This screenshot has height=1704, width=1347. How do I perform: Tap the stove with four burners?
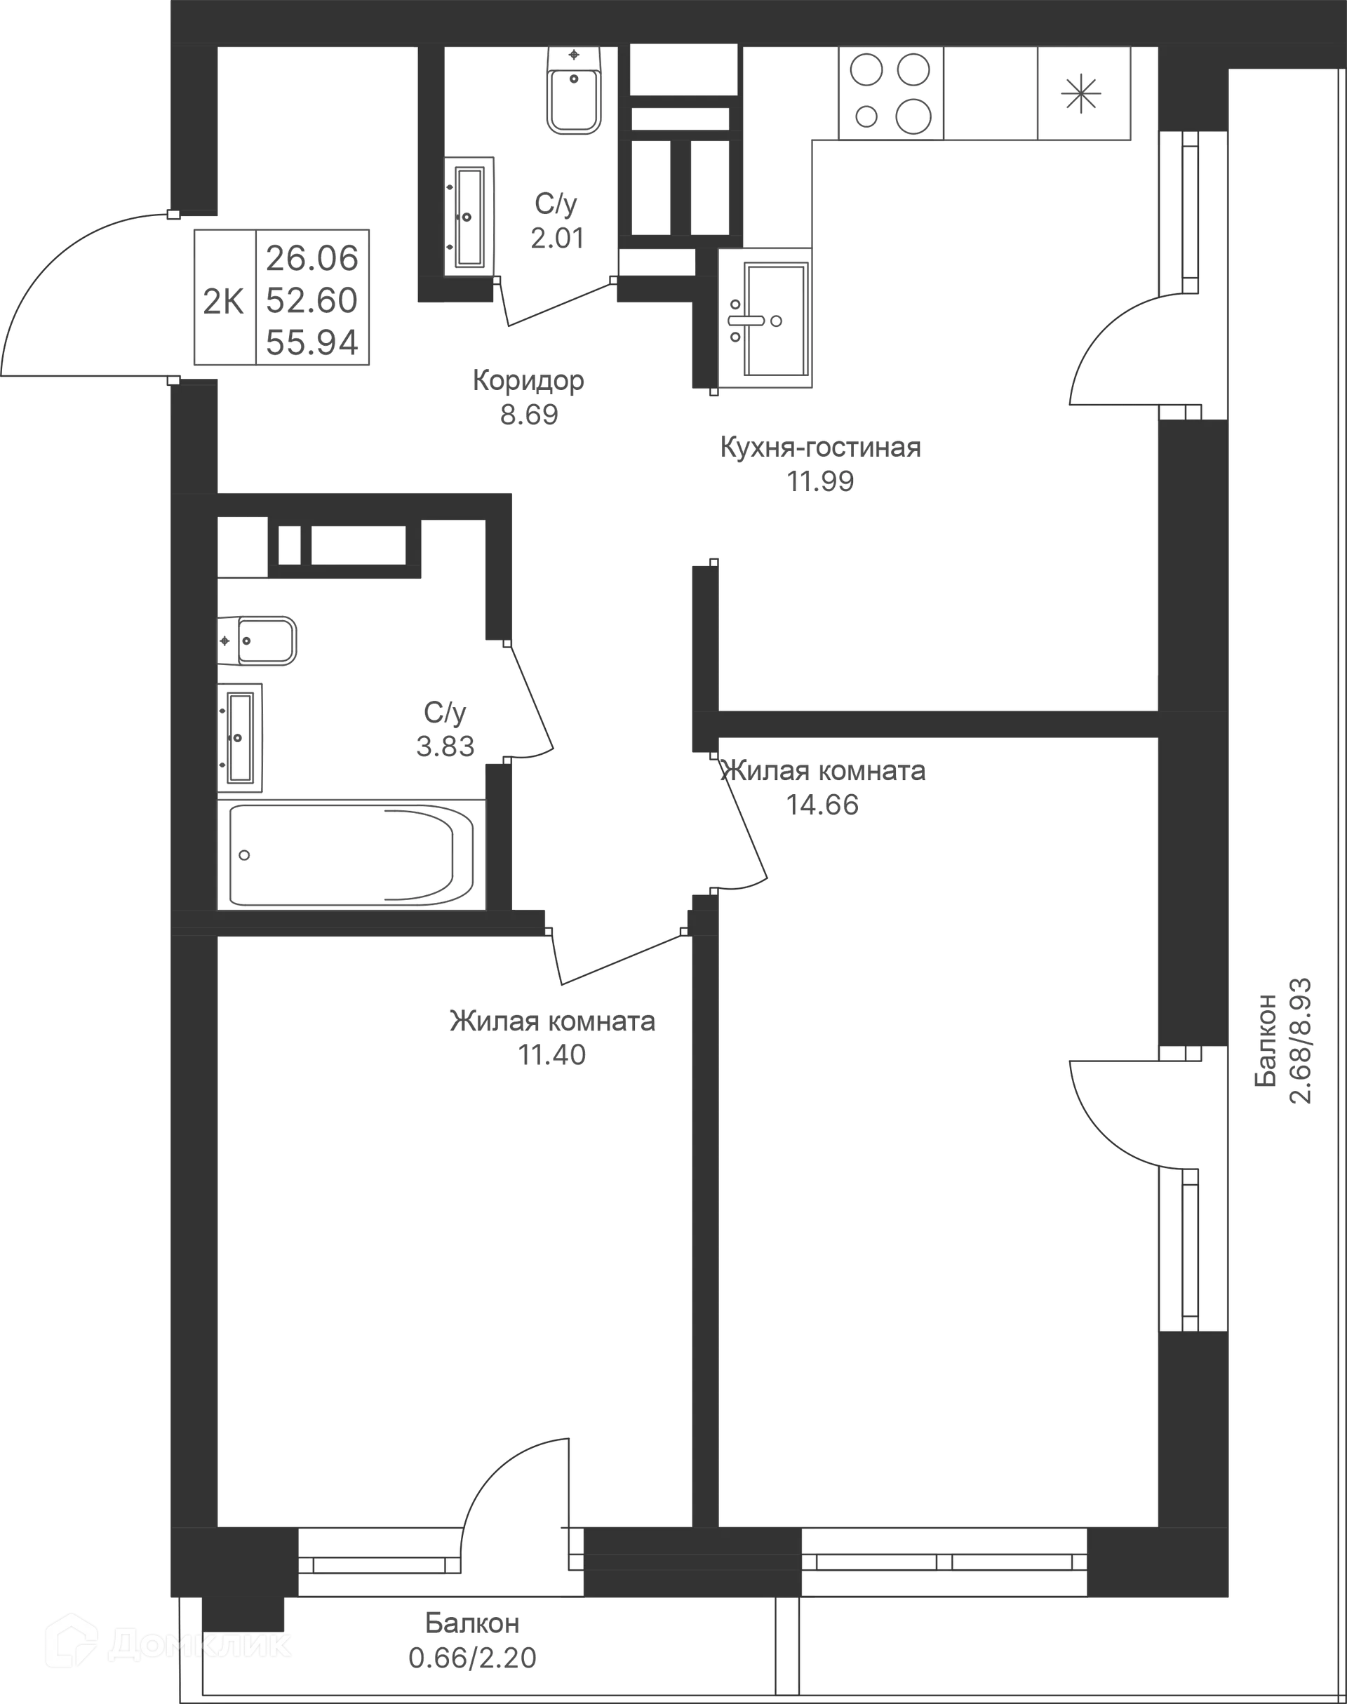(x=890, y=94)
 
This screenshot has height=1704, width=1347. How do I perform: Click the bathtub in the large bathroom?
(x=351, y=854)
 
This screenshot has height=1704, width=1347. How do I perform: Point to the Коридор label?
(x=528, y=382)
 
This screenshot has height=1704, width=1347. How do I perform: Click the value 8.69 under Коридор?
(x=529, y=413)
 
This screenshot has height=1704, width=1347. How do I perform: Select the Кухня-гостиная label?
(x=820, y=448)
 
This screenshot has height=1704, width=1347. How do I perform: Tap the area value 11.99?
(x=820, y=481)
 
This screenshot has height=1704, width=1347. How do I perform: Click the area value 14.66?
(x=824, y=805)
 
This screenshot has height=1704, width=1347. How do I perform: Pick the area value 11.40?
(x=552, y=1054)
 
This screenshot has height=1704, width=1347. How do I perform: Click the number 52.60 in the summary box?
(x=313, y=300)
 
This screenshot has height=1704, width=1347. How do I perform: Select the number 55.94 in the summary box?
(x=313, y=342)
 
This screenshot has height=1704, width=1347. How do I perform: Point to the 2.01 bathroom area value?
(x=557, y=237)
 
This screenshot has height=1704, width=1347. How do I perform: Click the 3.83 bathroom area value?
(x=445, y=745)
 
